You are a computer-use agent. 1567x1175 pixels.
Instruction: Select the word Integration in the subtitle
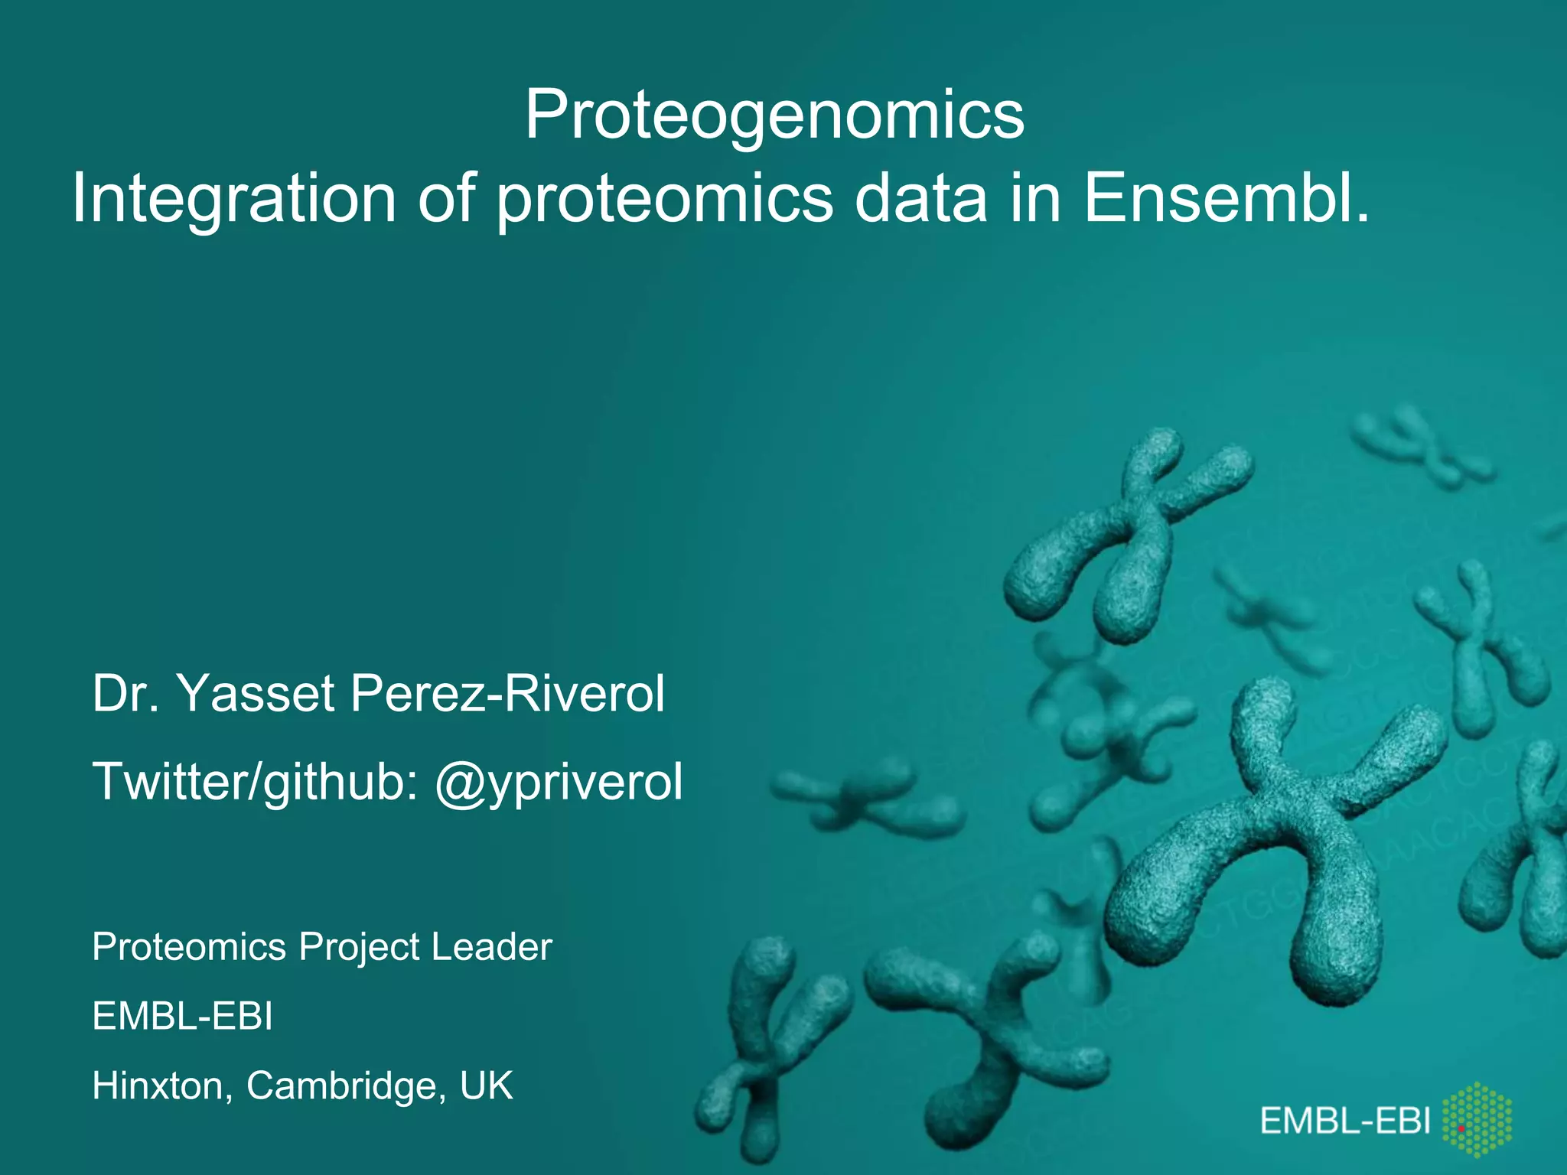pos(233,199)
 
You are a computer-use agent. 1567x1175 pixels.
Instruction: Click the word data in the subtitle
pos(920,199)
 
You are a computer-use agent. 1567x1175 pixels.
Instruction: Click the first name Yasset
pos(256,694)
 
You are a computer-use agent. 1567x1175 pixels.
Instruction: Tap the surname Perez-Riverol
pos(507,694)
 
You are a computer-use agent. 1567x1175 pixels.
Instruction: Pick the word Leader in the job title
pos(491,947)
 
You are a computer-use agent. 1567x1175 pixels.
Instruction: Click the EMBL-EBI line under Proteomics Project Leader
pos(182,1017)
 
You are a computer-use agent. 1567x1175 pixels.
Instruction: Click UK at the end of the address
pos(486,1085)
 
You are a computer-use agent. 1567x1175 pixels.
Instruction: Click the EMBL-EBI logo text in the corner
pos(1345,1121)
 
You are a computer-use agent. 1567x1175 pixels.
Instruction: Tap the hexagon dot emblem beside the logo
pos(1477,1121)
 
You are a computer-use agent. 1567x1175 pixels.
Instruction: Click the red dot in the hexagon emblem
pos(1461,1128)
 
